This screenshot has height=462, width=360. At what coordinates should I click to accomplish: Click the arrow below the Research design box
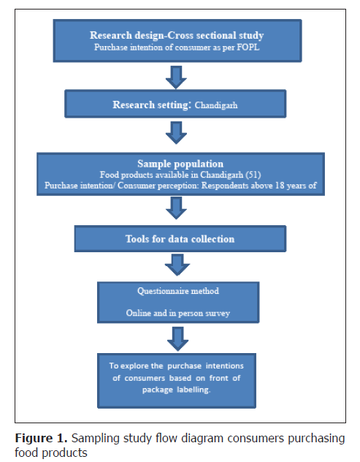pos(176,77)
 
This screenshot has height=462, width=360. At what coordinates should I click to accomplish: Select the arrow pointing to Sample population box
pos(176,132)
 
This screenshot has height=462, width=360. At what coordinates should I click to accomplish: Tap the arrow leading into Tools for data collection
pos(176,208)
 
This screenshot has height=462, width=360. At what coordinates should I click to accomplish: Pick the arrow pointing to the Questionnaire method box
pos(177,265)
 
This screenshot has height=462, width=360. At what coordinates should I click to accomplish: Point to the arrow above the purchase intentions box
pos(177,339)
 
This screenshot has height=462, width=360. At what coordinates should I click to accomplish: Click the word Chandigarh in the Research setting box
pos(216,105)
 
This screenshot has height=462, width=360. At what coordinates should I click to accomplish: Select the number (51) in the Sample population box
pos(253,175)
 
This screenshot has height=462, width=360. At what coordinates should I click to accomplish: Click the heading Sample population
pos(180,164)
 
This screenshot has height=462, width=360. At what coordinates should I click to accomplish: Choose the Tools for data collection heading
pos(180,239)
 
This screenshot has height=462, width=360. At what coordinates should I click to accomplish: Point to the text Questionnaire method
pos(178,291)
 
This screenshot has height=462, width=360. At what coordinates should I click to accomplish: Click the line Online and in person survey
pos(177,313)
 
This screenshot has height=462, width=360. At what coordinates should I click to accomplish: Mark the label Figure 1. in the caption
pos(41,439)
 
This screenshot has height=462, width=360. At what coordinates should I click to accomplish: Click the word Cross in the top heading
pos(181,35)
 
